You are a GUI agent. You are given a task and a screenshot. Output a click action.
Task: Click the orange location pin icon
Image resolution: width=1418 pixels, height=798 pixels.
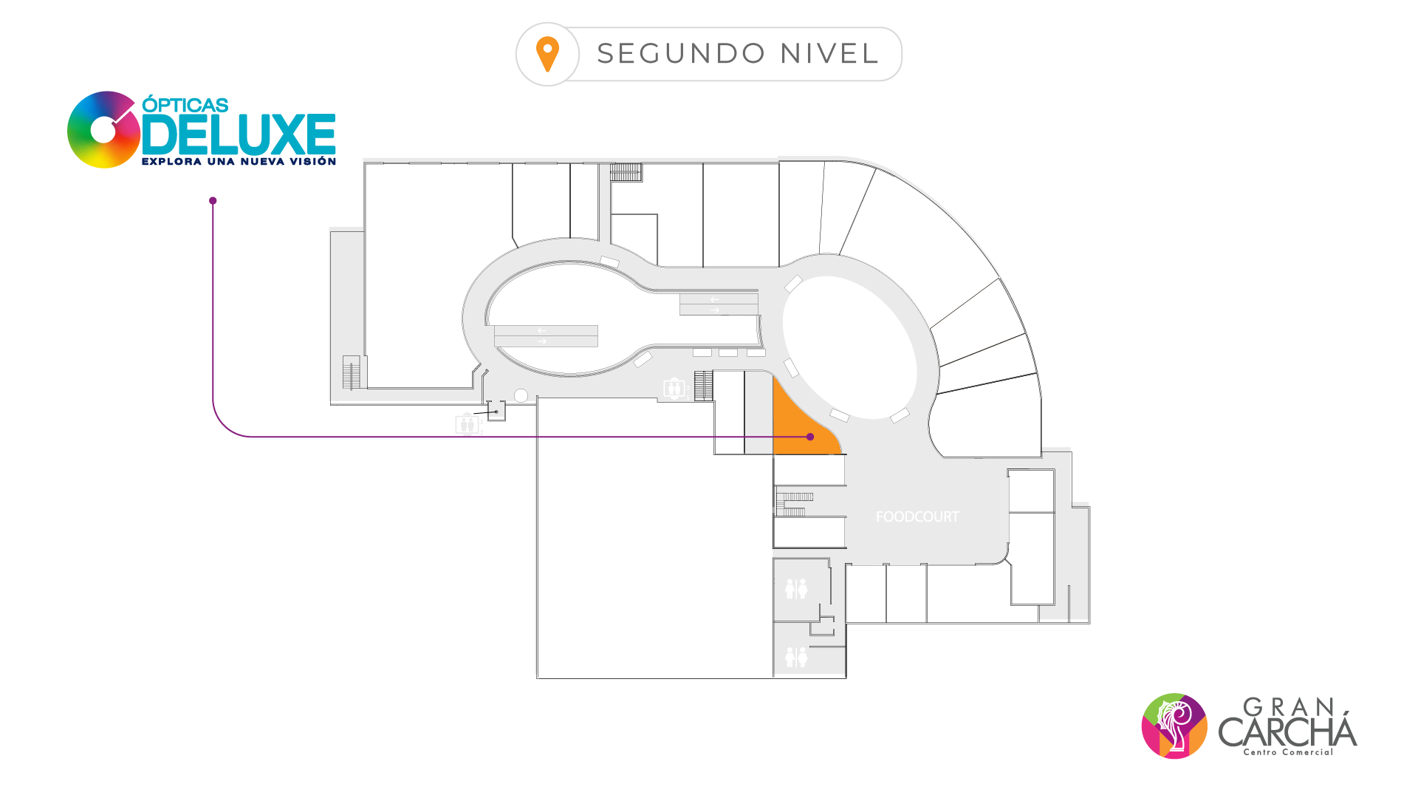tap(547, 54)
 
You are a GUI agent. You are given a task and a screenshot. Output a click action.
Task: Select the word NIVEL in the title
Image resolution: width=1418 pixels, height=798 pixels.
tap(829, 54)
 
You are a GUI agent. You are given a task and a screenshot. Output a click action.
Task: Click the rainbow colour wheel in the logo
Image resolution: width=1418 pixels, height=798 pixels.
tap(103, 130)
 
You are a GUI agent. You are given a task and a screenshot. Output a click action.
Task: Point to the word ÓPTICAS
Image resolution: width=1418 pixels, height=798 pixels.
tap(185, 105)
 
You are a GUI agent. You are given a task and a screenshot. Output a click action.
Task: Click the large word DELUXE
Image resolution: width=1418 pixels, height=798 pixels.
tap(239, 134)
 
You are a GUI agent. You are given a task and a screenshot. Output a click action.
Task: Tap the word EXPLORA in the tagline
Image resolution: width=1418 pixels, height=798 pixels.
tap(171, 162)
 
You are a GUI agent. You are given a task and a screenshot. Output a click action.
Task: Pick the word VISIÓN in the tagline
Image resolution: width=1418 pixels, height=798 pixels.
tap(312, 162)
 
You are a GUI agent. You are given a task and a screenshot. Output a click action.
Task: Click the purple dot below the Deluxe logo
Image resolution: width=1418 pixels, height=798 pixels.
tap(213, 201)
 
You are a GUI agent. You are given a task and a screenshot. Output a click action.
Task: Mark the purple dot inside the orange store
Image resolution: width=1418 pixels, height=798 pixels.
tap(810, 437)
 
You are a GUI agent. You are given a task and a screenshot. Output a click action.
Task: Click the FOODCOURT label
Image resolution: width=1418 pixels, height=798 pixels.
tap(917, 517)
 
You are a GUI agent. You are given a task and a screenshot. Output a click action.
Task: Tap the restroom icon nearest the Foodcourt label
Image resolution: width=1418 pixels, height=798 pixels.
tap(796, 589)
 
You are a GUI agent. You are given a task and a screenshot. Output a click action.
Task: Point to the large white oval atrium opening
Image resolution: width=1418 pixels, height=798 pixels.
tap(849, 347)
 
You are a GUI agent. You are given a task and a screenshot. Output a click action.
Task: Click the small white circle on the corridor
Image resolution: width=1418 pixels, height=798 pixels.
tap(521, 396)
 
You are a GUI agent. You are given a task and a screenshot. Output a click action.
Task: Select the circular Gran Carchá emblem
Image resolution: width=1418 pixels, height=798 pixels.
tap(1174, 726)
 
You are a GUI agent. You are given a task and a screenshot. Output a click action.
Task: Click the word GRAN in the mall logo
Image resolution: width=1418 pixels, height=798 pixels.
tap(1289, 708)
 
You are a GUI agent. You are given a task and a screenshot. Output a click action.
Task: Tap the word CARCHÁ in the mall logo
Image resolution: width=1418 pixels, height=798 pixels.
tap(1287, 732)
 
